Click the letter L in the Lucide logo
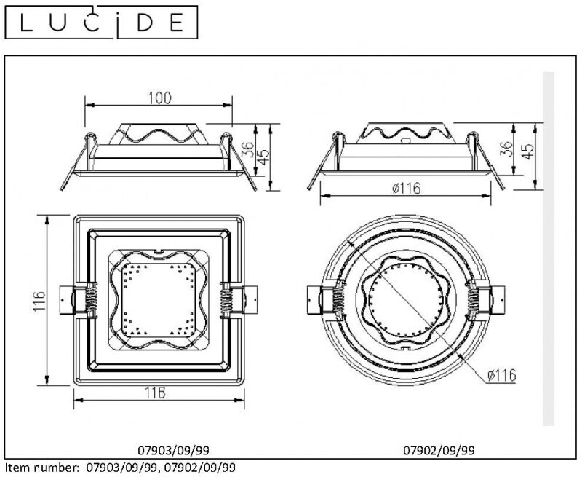pyautogui.click(x=27, y=23)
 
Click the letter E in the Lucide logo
pyautogui.click(x=177, y=23)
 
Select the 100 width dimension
pyautogui.click(x=160, y=98)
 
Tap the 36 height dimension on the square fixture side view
pyautogui.click(x=249, y=149)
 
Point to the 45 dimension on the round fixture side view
pyautogui.click(x=528, y=151)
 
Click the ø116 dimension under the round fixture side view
pyautogui.click(x=407, y=189)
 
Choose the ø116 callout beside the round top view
pyautogui.click(x=501, y=375)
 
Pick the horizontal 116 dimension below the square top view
pyautogui.click(x=156, y=393)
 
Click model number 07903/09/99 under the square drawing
pyautogui.click(x=173, y=450)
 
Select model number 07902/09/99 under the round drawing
pyautogui.click(x=439, y=450)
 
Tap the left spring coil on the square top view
pyautogui.click(x=92, y=301)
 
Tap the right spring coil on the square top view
pyautogui.click(x=226, y=301)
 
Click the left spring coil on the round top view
pyautogui.click(x=338, y=301)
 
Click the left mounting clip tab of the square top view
pyautogui.click(x=68, y=300)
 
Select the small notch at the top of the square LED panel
pyautogui.click(x=159, y=251)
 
